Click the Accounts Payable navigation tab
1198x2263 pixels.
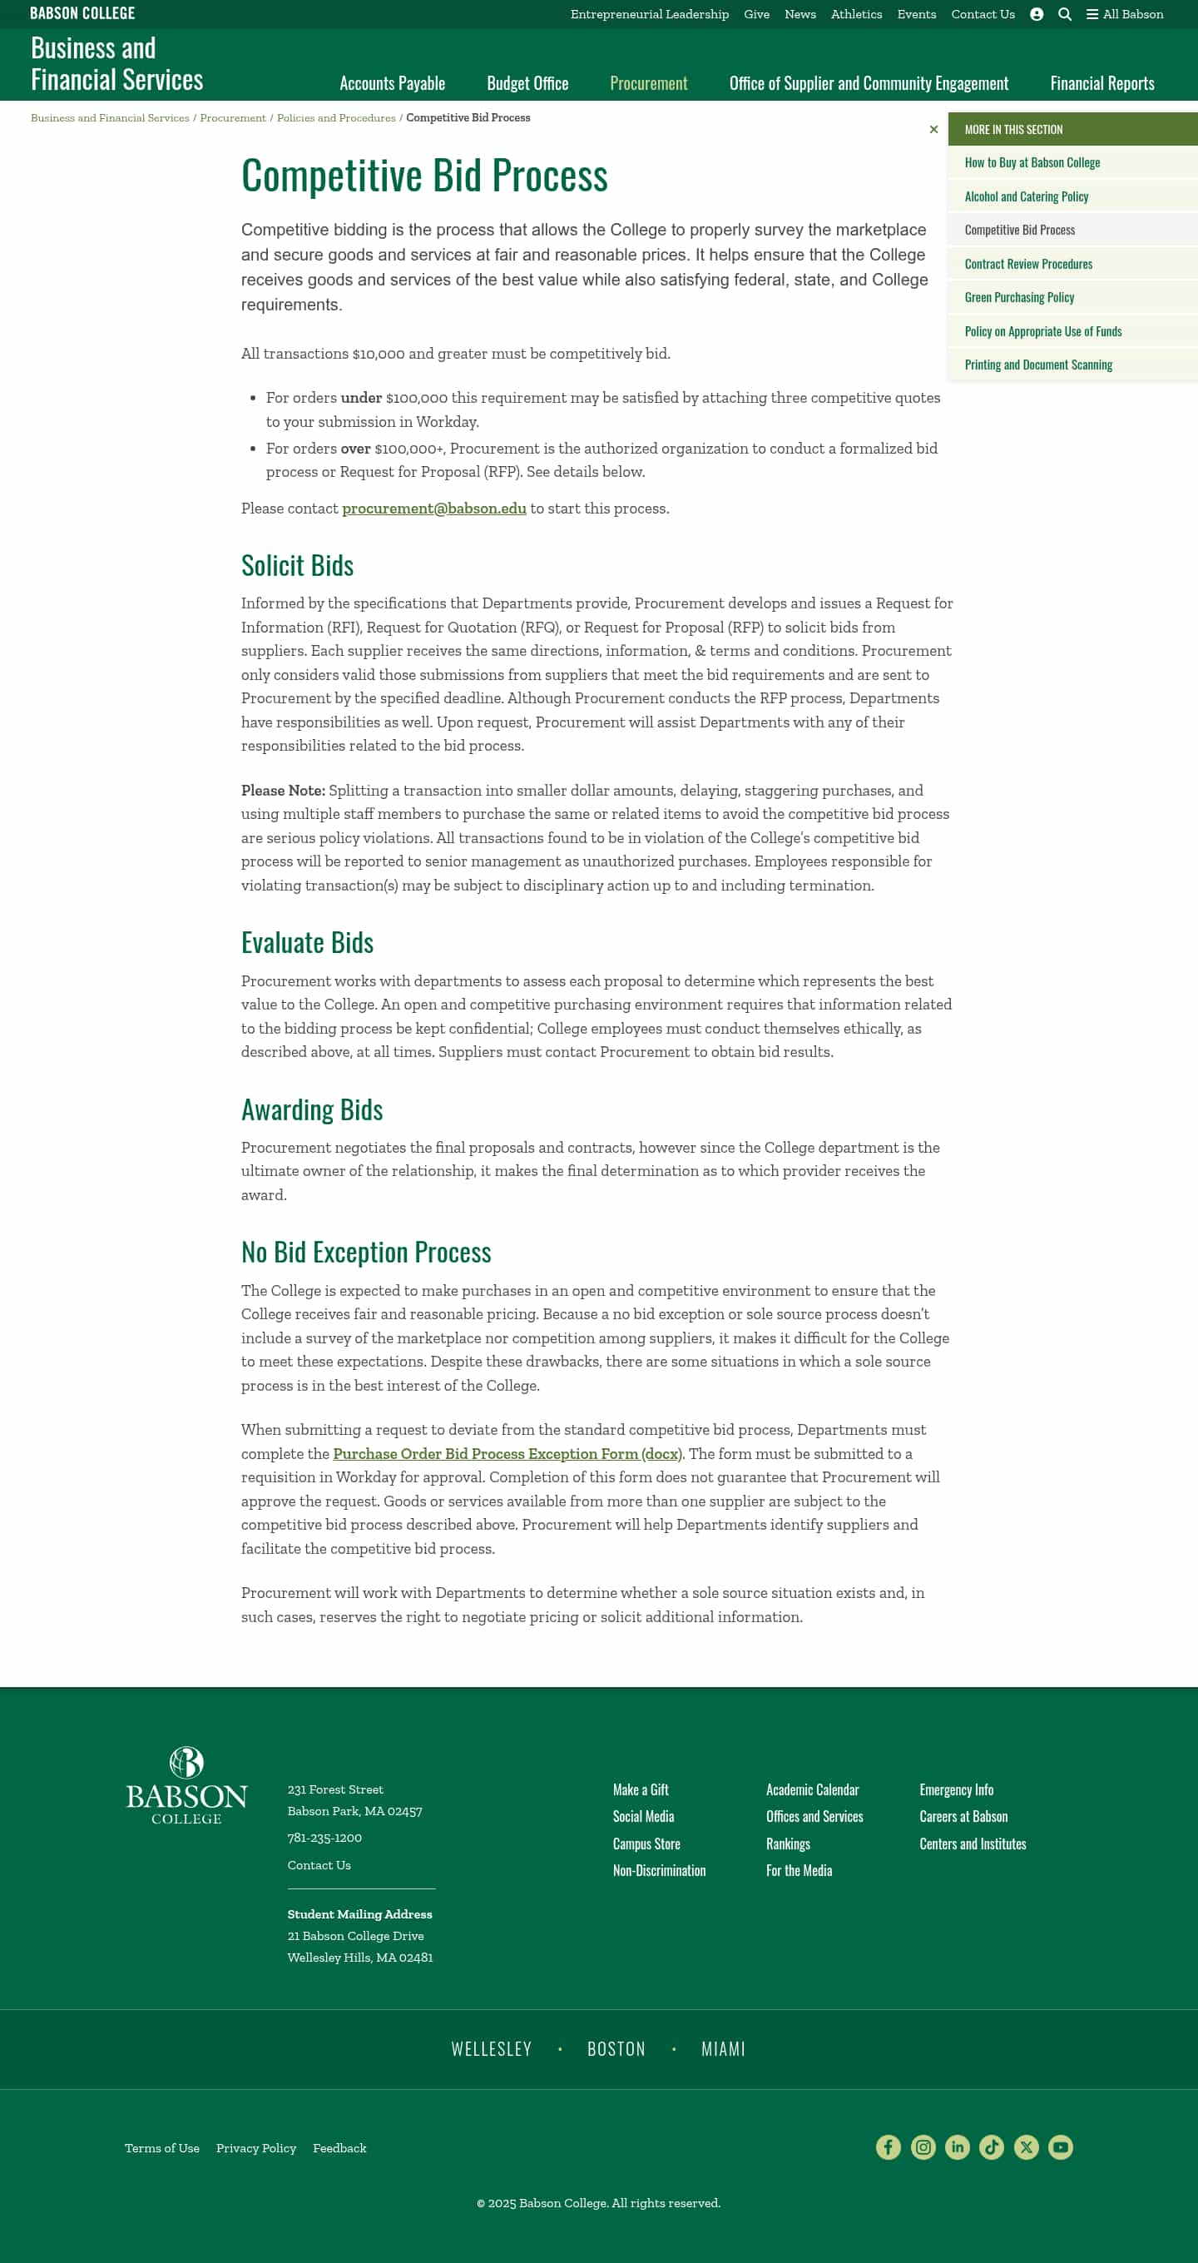coord(392,83)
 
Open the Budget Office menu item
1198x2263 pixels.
coord(527,83)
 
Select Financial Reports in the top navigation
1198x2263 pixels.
coord(1101,83)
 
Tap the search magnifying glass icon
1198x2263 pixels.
coord(1065,14)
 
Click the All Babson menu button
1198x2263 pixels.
coord(1124,14)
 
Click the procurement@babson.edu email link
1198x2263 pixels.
coord(434,509)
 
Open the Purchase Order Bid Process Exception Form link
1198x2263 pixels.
coord(507,1454)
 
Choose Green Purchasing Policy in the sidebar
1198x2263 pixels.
coord(1019,298)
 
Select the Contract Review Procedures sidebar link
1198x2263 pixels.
coord(1027,265)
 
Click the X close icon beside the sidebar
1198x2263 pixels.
coord(933,130)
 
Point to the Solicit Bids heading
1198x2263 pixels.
coord(297,566)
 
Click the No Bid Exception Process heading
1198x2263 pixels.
coord(365,1252)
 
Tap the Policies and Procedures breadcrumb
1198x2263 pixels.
coord(335,117)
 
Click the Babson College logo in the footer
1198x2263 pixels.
coord(186,1785)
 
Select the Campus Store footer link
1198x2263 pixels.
coord(646,1844)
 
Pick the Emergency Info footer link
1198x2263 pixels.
coord(956,1789)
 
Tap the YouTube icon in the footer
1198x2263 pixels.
coord(1060,2147)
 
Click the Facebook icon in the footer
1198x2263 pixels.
coord(888,2147)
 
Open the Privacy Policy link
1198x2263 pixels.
coord(255,2148)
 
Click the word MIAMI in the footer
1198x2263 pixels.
coord(723,2050)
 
